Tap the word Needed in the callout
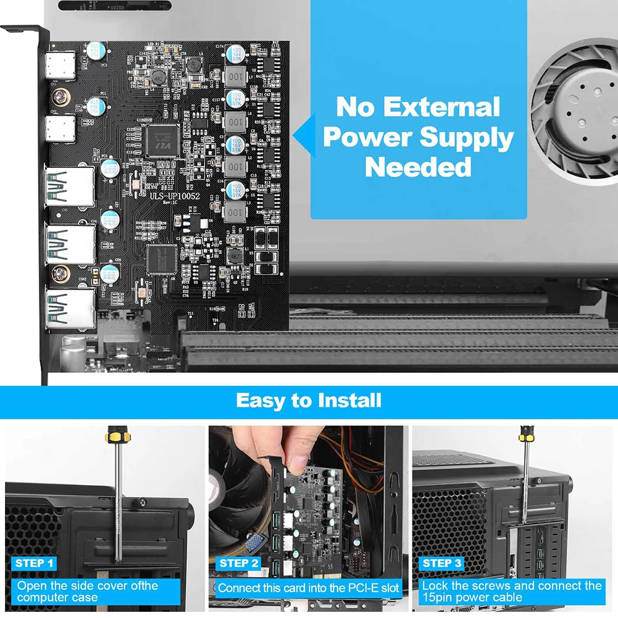coord(418,167)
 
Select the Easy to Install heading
coord(309,401)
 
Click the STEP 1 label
coord(35,563)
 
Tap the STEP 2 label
coord(238,563)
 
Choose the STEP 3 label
coord(442,563)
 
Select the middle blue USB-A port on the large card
coord(69,243)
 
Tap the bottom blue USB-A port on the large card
coord(69,307)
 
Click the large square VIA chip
coord(161,137)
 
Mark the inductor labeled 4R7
coord(235,256)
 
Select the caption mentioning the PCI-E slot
coord(309,588)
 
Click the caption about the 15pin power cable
coord(511,591)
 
